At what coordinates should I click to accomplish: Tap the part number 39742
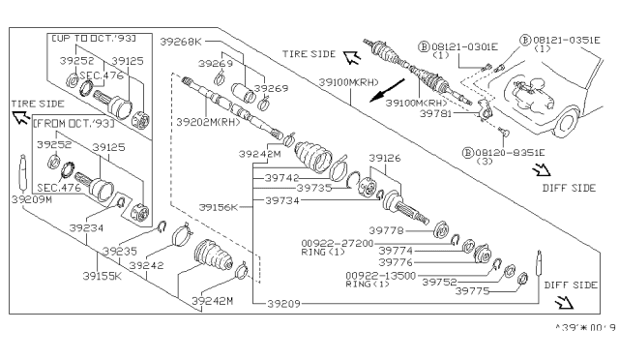(282, 178)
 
